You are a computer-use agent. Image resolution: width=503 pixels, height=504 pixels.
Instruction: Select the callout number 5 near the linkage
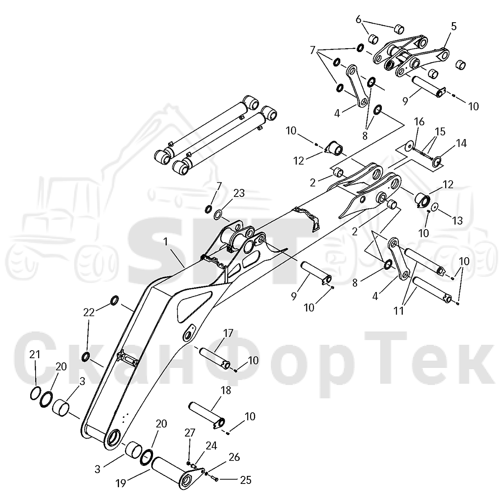pyautogui.click(x=454, y=27)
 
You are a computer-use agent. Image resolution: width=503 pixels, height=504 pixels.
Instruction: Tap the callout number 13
pyautogui.click(x=458, y=221)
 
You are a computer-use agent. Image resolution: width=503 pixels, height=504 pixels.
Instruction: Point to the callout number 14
pyautogui.click(x=462, y=143)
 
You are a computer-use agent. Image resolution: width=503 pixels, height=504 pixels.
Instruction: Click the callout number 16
pyautogui.click(x=419, y=122)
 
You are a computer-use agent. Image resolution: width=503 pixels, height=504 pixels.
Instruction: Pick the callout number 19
pyautogui.click(x=121, y=483)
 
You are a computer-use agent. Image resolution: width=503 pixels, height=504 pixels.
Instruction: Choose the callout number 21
pyautogui.click(x=34, y=355)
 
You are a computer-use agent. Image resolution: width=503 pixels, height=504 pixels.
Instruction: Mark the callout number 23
pyautogui.click(x=239, y=193)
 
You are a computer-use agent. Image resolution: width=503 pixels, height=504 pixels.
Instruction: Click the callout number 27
pyautogui.click(x=190, y=433)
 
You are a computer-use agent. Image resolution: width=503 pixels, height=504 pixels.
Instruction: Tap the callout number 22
pyautogui.click(x=89, y=312)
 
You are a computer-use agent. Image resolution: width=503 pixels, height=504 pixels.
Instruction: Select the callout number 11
pyautogui.click(x=399, y=311)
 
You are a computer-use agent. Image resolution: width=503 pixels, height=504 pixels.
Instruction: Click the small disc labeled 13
pyautogui.click(x=435, y=207)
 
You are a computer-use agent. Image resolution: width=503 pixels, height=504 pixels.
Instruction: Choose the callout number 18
pyautogui.click(x=226, y=390)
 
